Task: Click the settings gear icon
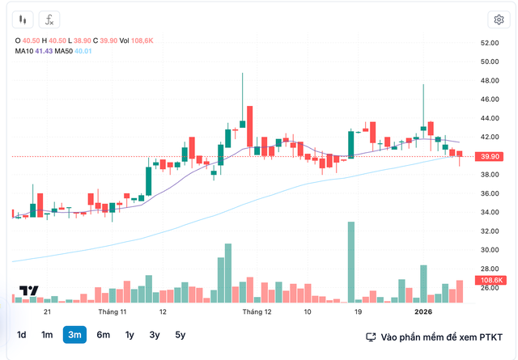(x=498, y=19)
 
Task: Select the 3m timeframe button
(x=74, y=335)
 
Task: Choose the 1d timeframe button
(x=22, y=335)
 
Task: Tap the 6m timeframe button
(x=103, y=335)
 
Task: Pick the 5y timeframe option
(x=180, y=335)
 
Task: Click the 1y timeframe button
(x=129, y=335)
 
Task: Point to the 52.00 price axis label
(x=488, y=43)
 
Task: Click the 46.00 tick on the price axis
(x=488, y=100)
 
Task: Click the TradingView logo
(x=29, y=292)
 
